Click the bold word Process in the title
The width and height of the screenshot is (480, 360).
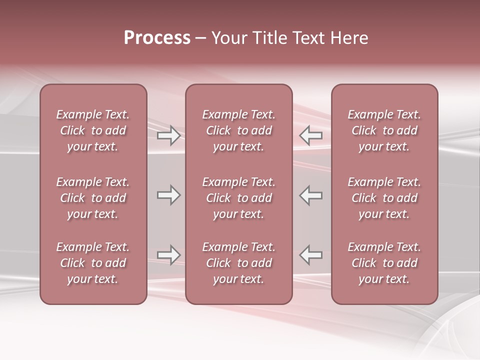coord(157,38)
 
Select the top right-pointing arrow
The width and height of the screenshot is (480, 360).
coord(168,135)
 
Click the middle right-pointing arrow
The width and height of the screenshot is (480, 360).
coord(168,195)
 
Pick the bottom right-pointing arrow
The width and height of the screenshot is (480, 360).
coord(168,255)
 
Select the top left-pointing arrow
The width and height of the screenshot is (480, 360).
coord(311,135)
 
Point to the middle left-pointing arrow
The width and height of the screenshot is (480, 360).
coord(311,195)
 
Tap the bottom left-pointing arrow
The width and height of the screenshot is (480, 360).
coord(311,255)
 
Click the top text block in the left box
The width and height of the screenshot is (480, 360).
coord(93,130)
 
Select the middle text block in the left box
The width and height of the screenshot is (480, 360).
coord(93,198)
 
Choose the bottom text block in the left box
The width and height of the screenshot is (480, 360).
coord(93,263)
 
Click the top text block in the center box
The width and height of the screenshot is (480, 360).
coord(238,130)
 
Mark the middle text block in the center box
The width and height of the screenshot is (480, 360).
coord(238,198)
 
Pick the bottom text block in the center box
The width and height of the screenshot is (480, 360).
coord(238,263)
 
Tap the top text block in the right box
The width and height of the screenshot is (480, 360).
coord(384,130)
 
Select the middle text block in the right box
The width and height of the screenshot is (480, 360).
coord(384,198)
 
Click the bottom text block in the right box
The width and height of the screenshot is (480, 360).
coord(384,263)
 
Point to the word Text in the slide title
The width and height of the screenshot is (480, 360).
coord(306,38)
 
